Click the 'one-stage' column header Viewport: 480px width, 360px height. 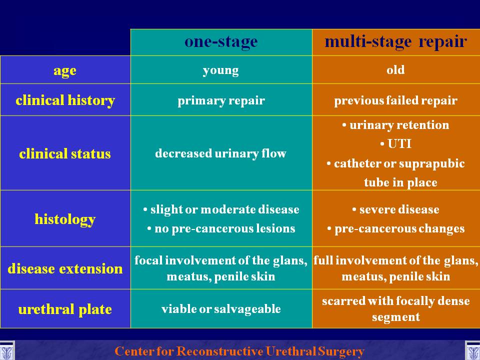(x=221, y=42)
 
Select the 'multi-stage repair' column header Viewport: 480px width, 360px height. (x=396, y=42)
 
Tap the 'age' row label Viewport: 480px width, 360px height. (x=65, y=70)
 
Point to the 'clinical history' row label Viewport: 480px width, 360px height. (x=65, y=100)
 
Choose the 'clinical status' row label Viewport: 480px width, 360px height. (x=65, y=153)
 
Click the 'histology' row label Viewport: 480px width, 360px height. (x=65, y=219)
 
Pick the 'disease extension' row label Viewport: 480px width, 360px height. (x=65, y=268)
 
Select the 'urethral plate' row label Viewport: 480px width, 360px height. (x=65, y=309)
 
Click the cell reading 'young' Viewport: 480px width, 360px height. (x=220, y=70)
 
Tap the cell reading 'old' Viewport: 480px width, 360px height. (x=395, y=70)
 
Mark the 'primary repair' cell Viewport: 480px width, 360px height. (x=221, y=100)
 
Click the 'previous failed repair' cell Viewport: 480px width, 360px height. (x=396, y=100)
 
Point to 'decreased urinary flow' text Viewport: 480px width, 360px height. (x=220, y=153)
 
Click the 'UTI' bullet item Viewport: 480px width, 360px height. (x=395, y=143)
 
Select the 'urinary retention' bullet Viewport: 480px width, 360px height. (x=395, y=125)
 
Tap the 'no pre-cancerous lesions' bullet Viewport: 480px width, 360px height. (x=221, y=228)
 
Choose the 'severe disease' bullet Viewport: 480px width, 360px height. (x=395, y=209)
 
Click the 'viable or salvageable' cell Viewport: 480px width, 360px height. (x=221, y=309)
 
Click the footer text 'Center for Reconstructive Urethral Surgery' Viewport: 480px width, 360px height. (x=239, y=351)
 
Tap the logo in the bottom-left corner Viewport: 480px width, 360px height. (x=6, y=350)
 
